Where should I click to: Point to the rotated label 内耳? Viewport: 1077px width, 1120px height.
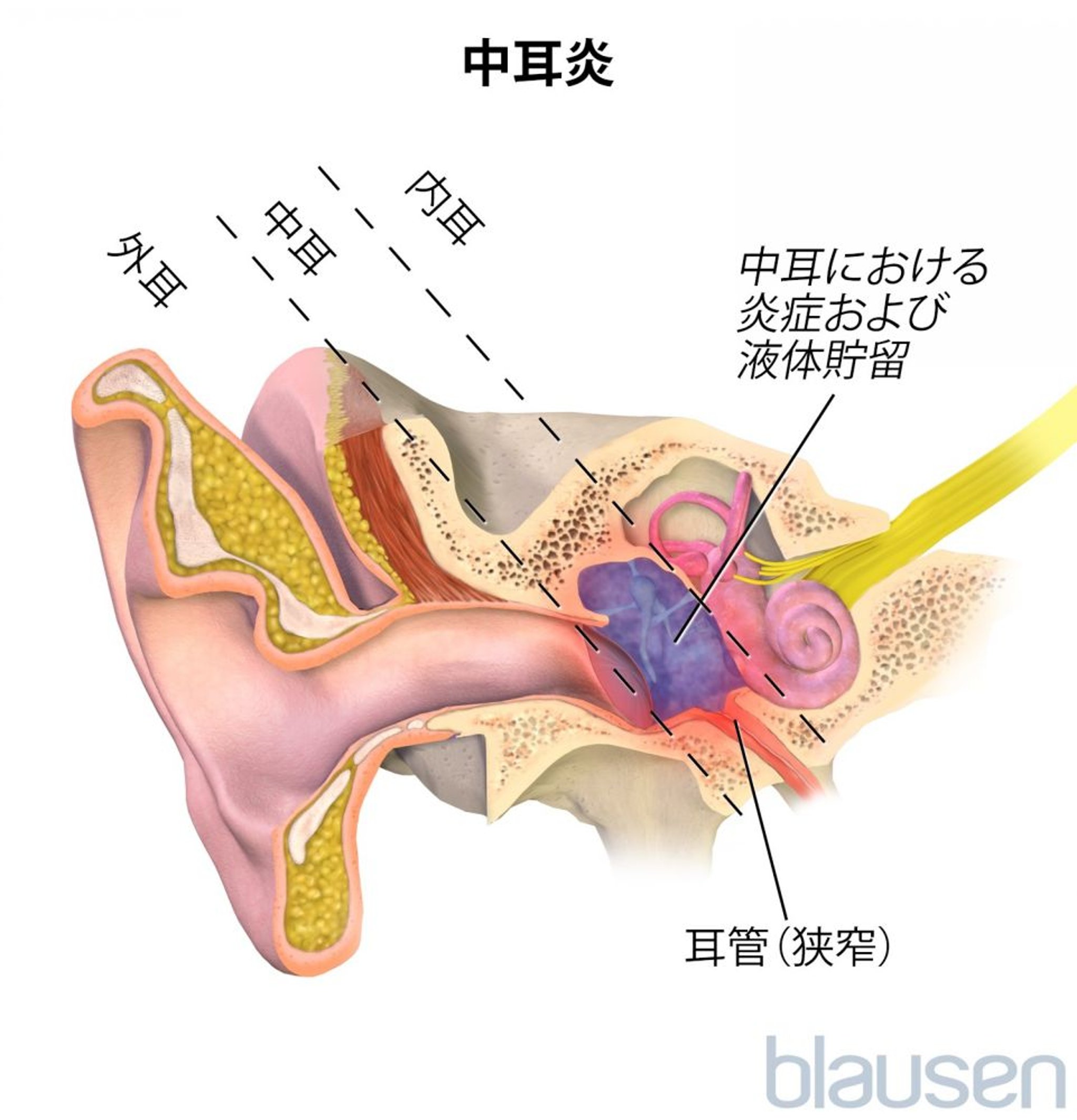445,207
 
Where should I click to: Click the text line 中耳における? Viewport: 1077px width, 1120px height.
863,268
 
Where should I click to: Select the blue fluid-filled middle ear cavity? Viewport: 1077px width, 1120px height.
669,640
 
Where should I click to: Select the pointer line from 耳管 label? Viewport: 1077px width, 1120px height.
763,800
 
